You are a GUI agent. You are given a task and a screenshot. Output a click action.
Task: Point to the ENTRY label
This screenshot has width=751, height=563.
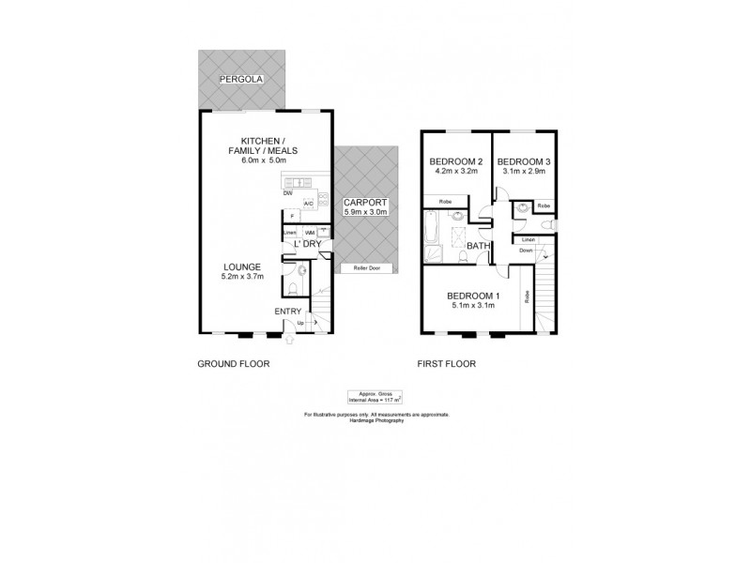(287, 312)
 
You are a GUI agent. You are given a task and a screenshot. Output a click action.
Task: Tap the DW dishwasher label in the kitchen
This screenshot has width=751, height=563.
(286, 194)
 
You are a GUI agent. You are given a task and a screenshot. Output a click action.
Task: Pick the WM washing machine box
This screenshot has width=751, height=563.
(310, 231)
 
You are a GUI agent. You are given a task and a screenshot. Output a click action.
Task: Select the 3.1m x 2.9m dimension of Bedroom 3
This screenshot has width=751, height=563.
(524, 172)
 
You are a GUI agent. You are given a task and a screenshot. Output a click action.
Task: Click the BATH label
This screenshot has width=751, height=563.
(479, 247)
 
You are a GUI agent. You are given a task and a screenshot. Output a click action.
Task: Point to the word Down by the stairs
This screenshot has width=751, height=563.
(526, 251)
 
